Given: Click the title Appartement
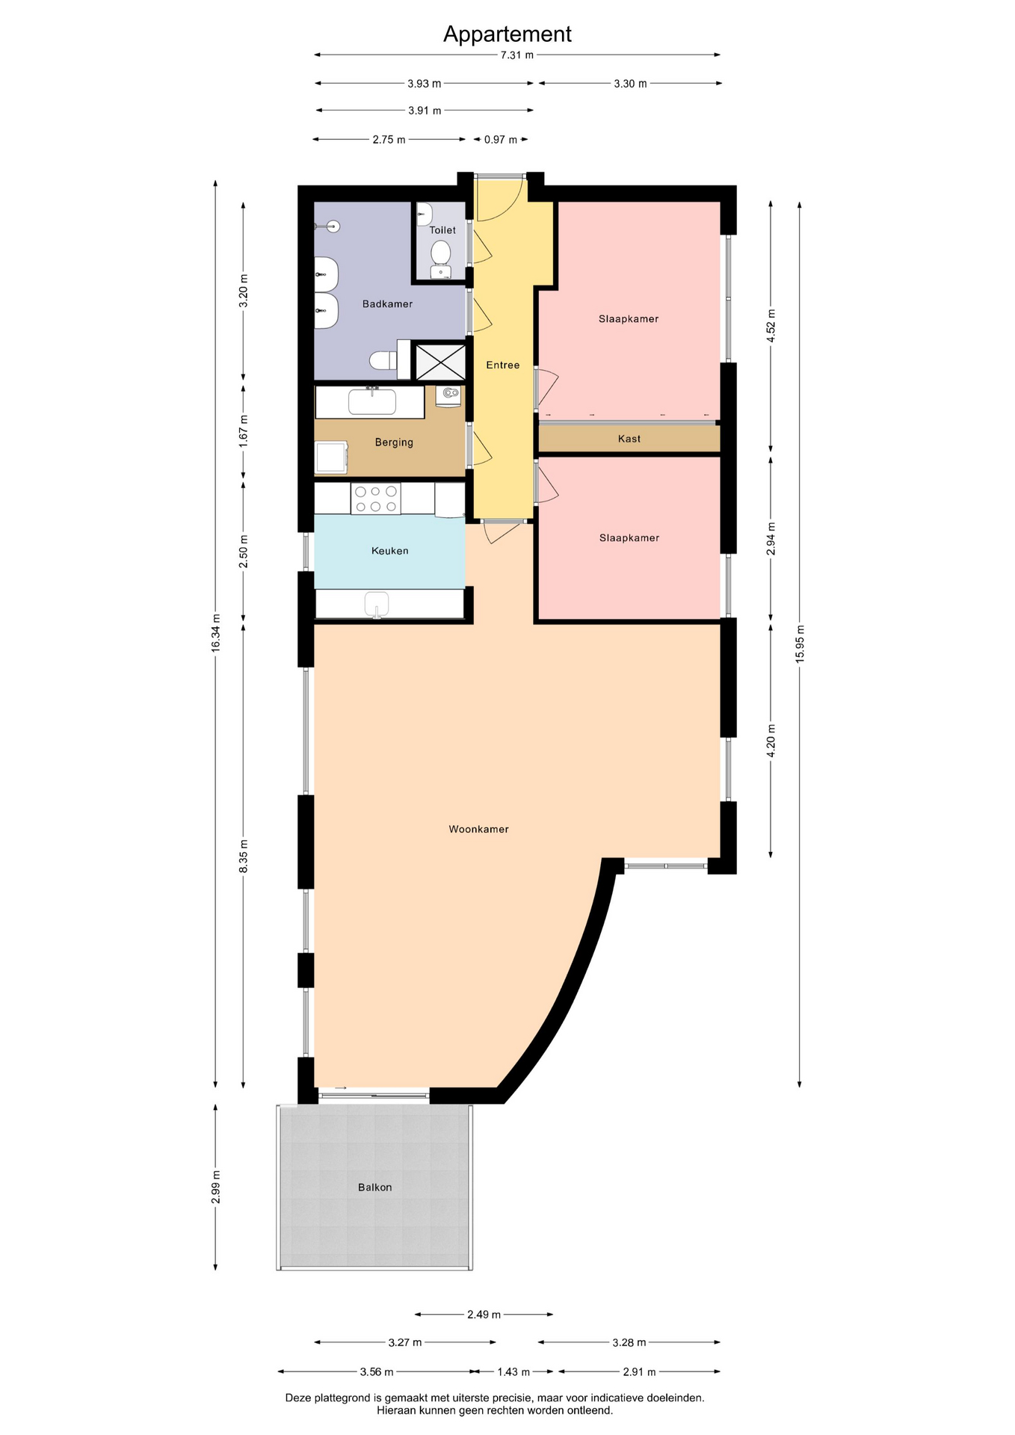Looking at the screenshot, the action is (x=507, y=34).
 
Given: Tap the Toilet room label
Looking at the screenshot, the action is (x=442, y=230).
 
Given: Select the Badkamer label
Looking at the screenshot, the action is (x=387, y=304).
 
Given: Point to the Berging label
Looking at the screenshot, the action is (x=394, y=442).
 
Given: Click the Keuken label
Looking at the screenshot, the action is (x=390, y=551).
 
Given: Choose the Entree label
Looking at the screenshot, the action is (x=503, y=365).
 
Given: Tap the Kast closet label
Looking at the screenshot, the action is (x=629, y=439).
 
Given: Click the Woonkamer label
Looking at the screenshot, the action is (x=478, y=829).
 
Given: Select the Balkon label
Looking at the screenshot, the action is (x=374, y=1187).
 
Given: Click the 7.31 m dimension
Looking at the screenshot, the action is (x=517, y=55).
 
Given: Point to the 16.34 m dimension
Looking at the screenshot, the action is (x=216, y=632).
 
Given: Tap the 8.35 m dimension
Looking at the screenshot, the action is (x=244, y=856).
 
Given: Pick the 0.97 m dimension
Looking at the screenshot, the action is (x=501, y=140).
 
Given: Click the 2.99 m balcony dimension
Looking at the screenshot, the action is (x=216, y=1187).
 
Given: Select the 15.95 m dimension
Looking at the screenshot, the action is (x=800, y=644).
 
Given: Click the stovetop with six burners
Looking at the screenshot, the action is (x=375, y=499).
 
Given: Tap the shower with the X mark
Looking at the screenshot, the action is (x=440, y=362).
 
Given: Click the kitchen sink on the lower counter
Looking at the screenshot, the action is (x=377, y=604).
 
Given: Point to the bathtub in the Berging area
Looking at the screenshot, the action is (x=371, y=402).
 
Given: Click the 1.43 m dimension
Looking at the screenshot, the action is (x=513, y=1371).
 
